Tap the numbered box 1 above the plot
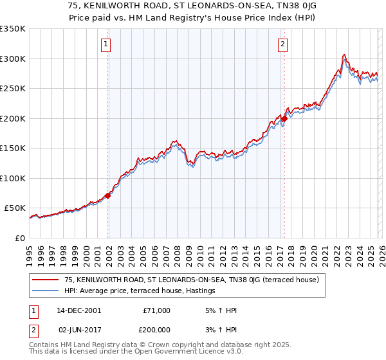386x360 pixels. pos(106,44)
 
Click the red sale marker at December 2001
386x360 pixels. pos(107,196)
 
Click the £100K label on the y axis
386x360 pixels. pos(14,178)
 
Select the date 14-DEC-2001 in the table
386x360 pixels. pos(78,310)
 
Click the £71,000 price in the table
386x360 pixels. pos(156,310)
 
